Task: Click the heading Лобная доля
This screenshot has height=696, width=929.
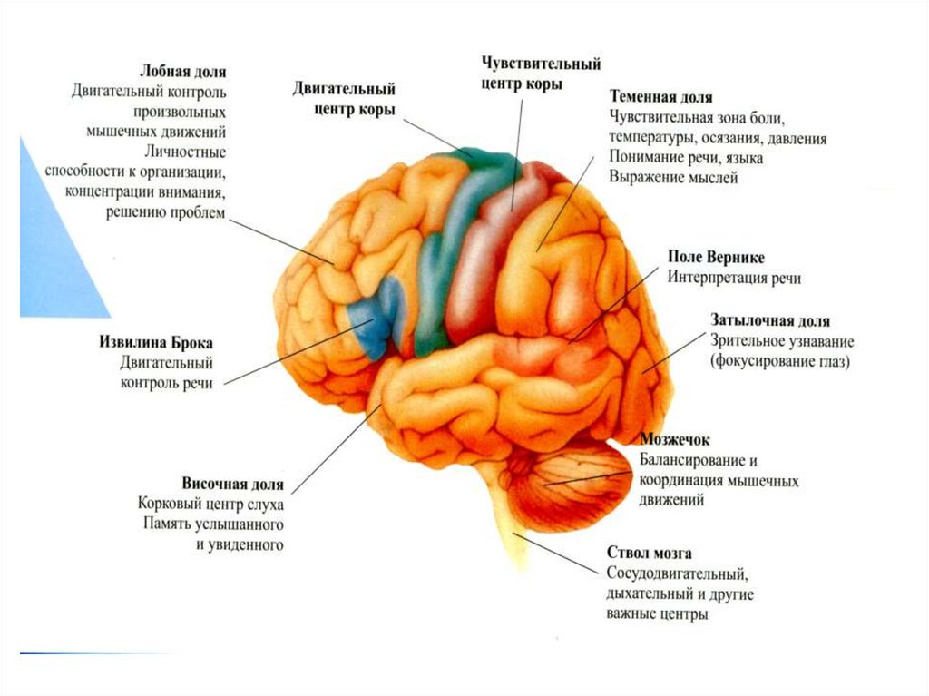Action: (x=182, y=71)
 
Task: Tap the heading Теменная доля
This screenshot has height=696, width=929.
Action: (x=660, y=97)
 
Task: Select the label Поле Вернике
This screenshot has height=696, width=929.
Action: (x=715, y=257)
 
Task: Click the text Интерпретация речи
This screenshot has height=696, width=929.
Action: (x=734, y=278)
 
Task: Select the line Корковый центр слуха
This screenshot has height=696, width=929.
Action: (x=211, y=504)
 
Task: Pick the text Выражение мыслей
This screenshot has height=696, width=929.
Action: (x=673, y=179)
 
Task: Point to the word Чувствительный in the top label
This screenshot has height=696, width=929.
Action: (x=542, y=65)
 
